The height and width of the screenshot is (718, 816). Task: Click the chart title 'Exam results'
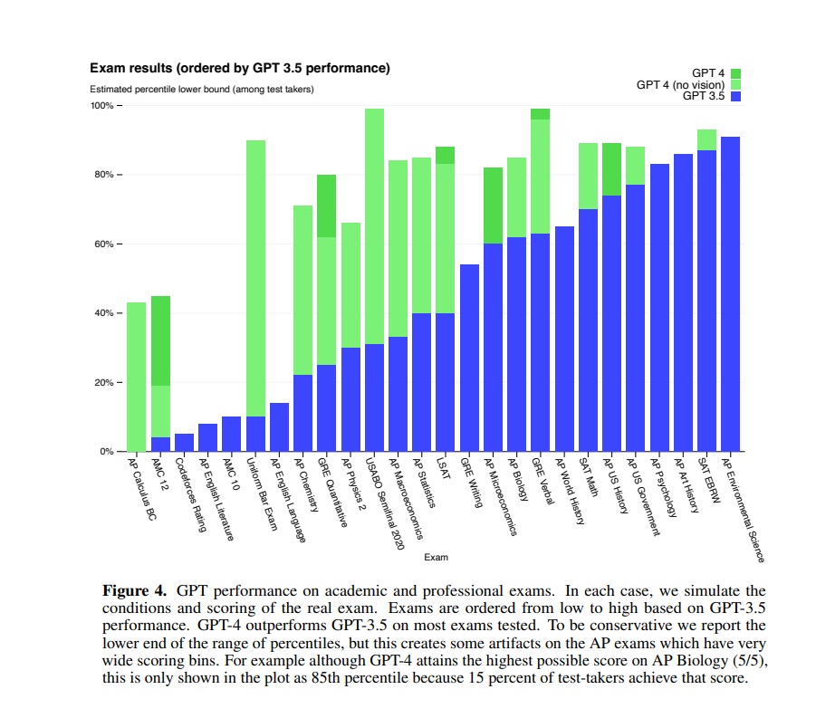[239, 68]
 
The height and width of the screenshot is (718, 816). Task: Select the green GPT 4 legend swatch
[736, 73]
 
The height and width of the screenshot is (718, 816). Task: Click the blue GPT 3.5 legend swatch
[736, 95]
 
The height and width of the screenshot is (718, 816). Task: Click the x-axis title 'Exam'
[436, 557]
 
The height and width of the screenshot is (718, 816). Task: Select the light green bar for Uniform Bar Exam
[255, 272]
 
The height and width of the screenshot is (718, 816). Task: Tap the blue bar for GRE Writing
[469, 358]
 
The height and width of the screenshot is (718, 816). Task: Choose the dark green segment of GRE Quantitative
[327, 206]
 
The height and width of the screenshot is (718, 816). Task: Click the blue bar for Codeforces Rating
[184, 443]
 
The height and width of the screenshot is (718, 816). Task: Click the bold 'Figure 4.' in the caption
[134, 591]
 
